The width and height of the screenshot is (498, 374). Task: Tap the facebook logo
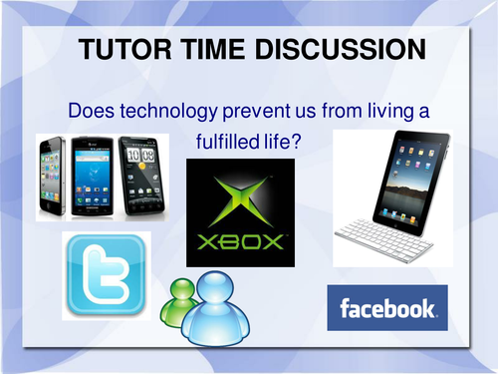click(x=387, y=307)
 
